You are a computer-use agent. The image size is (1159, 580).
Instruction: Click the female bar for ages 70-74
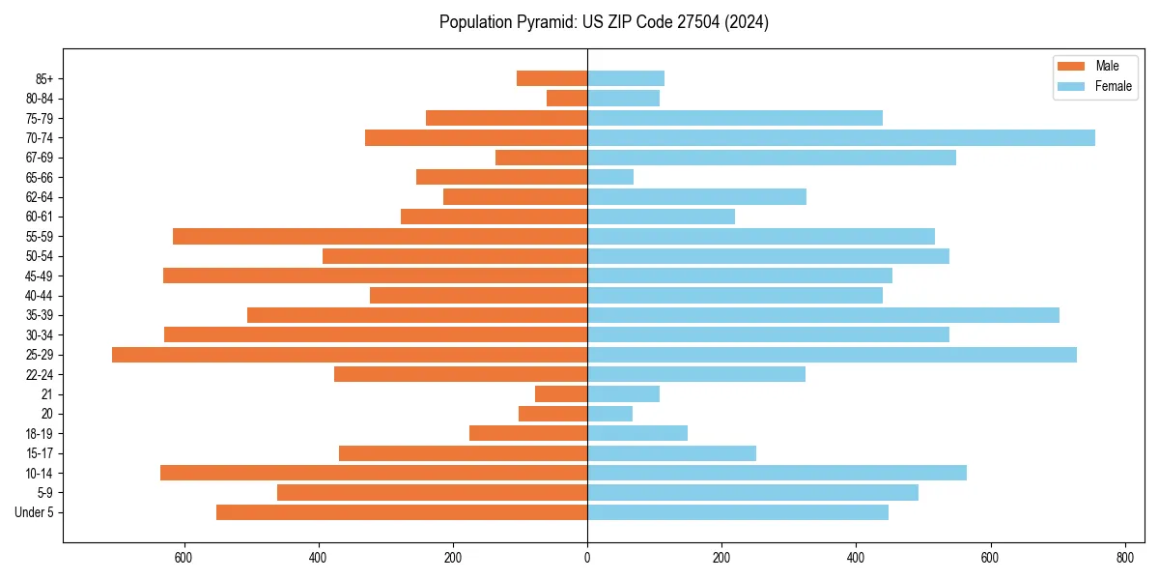coord(840,137)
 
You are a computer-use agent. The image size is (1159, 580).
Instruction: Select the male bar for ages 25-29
coord(350,355)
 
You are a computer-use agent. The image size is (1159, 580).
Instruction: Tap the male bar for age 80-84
coord(567,98)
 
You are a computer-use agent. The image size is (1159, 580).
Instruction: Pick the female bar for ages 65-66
coord(610,177)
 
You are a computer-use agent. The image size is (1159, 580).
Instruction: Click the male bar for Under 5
coord(402,512)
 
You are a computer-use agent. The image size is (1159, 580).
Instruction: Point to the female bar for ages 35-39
coord(823,315)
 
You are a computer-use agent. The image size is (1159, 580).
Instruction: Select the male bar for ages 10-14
coord(374,473)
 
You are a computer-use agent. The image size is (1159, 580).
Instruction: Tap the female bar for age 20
coord(609,414)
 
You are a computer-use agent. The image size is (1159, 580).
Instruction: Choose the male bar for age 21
coord(561,394)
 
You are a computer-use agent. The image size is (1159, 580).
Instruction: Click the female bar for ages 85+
coord(626,78)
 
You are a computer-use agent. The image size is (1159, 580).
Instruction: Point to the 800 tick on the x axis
coord(1124,558)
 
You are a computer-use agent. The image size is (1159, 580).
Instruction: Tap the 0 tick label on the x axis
coord(587,558)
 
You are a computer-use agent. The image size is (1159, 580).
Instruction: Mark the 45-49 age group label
coord(38,275)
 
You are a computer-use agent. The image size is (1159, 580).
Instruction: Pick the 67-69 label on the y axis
coord(38,158)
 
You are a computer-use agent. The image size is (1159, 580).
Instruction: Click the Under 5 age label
coord(34,512)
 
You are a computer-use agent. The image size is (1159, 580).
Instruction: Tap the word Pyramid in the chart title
coord(544,22)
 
